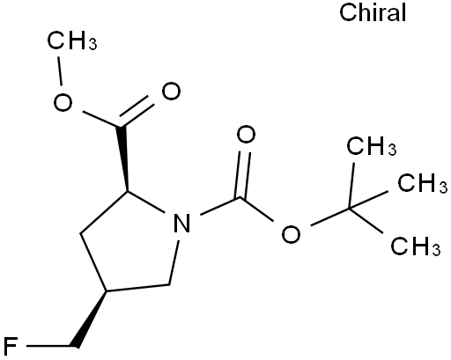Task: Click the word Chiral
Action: pyautogui.click(x=373, y=12)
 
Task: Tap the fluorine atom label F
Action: pyautogui.click(x=10, y=347)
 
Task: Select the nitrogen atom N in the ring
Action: pyautogui.click(x=182, y=223)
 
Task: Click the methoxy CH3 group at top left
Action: pyautogui.click(x=72, y=40)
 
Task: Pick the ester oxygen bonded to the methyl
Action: pyautogui.click(x=63, y=102)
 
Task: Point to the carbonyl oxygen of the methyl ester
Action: pyautogui.click(x=171, y=92)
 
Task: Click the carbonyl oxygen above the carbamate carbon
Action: pyautogui.click(x=246, y=135)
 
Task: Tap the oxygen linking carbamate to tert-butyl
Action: pyautogui.click(x=291, y=233)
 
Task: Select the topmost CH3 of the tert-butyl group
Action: pyautogui.click(x=372, y=145)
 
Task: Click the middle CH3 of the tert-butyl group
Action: pyautogui.click(x=423, y=183)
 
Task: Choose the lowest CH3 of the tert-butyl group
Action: pyautogui.click(x=416, y=246)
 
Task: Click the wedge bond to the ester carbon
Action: pyautogui.click(x=124, y=158)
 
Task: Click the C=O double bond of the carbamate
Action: pyautogui.click(x=244, y=175)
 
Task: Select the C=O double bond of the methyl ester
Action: pyautogui.click(x=136, y=111)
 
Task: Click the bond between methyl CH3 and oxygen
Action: pyautogui.click(x=60, y=71)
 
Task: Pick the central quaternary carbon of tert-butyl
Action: pyautogui.click(x=350, y=209)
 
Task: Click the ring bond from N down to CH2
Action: pyautogui.click(x=174, y=263)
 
